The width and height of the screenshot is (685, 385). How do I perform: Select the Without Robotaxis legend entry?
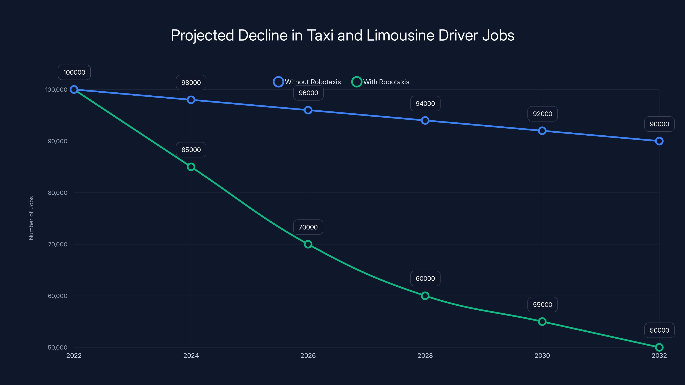(307, 82)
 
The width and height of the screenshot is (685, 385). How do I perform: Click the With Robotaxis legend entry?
(381, 82)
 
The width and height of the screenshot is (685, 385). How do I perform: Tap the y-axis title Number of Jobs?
(31, 218)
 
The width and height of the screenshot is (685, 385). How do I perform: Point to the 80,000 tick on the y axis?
(57, 193)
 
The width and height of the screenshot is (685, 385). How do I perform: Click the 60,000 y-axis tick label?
(57, 296)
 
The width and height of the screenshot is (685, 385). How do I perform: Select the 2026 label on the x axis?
(308, 355)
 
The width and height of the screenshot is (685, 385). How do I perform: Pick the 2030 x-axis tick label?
(542, 355)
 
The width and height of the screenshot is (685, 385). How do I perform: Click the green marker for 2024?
(191, 167)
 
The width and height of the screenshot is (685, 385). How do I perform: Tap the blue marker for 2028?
(425, 120)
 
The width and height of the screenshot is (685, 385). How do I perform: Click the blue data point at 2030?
(542, 131)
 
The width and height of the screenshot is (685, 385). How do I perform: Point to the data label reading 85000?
(191, 150)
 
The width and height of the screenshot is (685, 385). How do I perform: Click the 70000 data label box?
(308, 227)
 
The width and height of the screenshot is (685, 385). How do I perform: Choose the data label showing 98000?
(191, 83)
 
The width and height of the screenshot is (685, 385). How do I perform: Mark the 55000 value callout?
(542, 305)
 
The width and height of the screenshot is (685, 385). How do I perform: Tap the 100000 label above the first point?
(74, 72)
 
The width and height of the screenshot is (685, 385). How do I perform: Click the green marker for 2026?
(308, 244)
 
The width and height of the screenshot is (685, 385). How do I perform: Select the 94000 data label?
(425, 104)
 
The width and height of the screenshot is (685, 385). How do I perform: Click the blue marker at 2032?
(659, 141)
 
